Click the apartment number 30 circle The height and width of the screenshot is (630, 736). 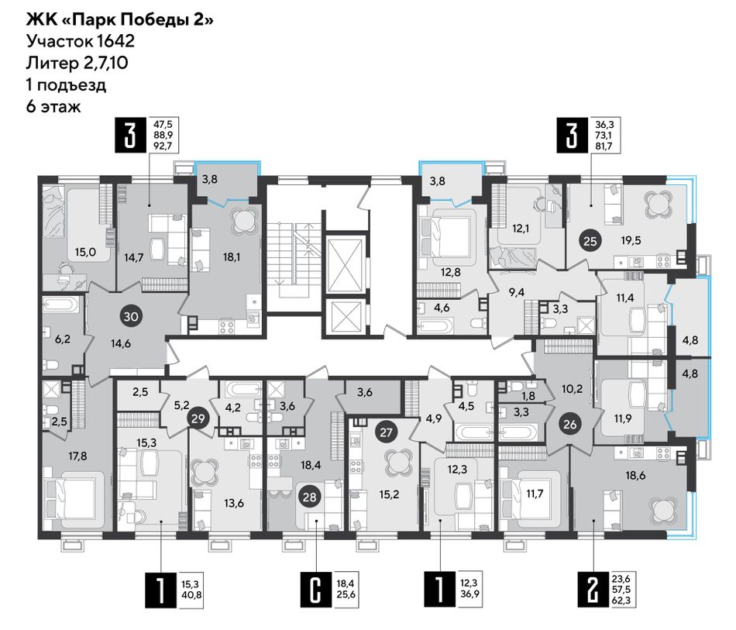131,316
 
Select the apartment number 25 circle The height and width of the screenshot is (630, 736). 590,241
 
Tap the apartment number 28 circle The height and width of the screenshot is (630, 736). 310,497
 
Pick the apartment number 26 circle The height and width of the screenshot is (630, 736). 570,425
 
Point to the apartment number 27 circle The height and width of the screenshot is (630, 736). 386,432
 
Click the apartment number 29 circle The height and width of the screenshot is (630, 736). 198,418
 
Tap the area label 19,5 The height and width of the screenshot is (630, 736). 631,240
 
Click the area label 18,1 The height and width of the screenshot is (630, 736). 232,256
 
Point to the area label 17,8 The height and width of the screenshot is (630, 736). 77,456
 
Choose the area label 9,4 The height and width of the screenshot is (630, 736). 517,292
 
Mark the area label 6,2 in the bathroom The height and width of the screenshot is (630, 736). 63,339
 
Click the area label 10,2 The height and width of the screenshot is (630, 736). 573,389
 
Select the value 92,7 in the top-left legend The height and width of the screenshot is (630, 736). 163,146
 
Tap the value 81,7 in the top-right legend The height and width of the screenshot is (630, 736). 604,146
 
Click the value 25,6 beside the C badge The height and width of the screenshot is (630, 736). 346,594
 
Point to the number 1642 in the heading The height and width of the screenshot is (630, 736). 116,41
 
